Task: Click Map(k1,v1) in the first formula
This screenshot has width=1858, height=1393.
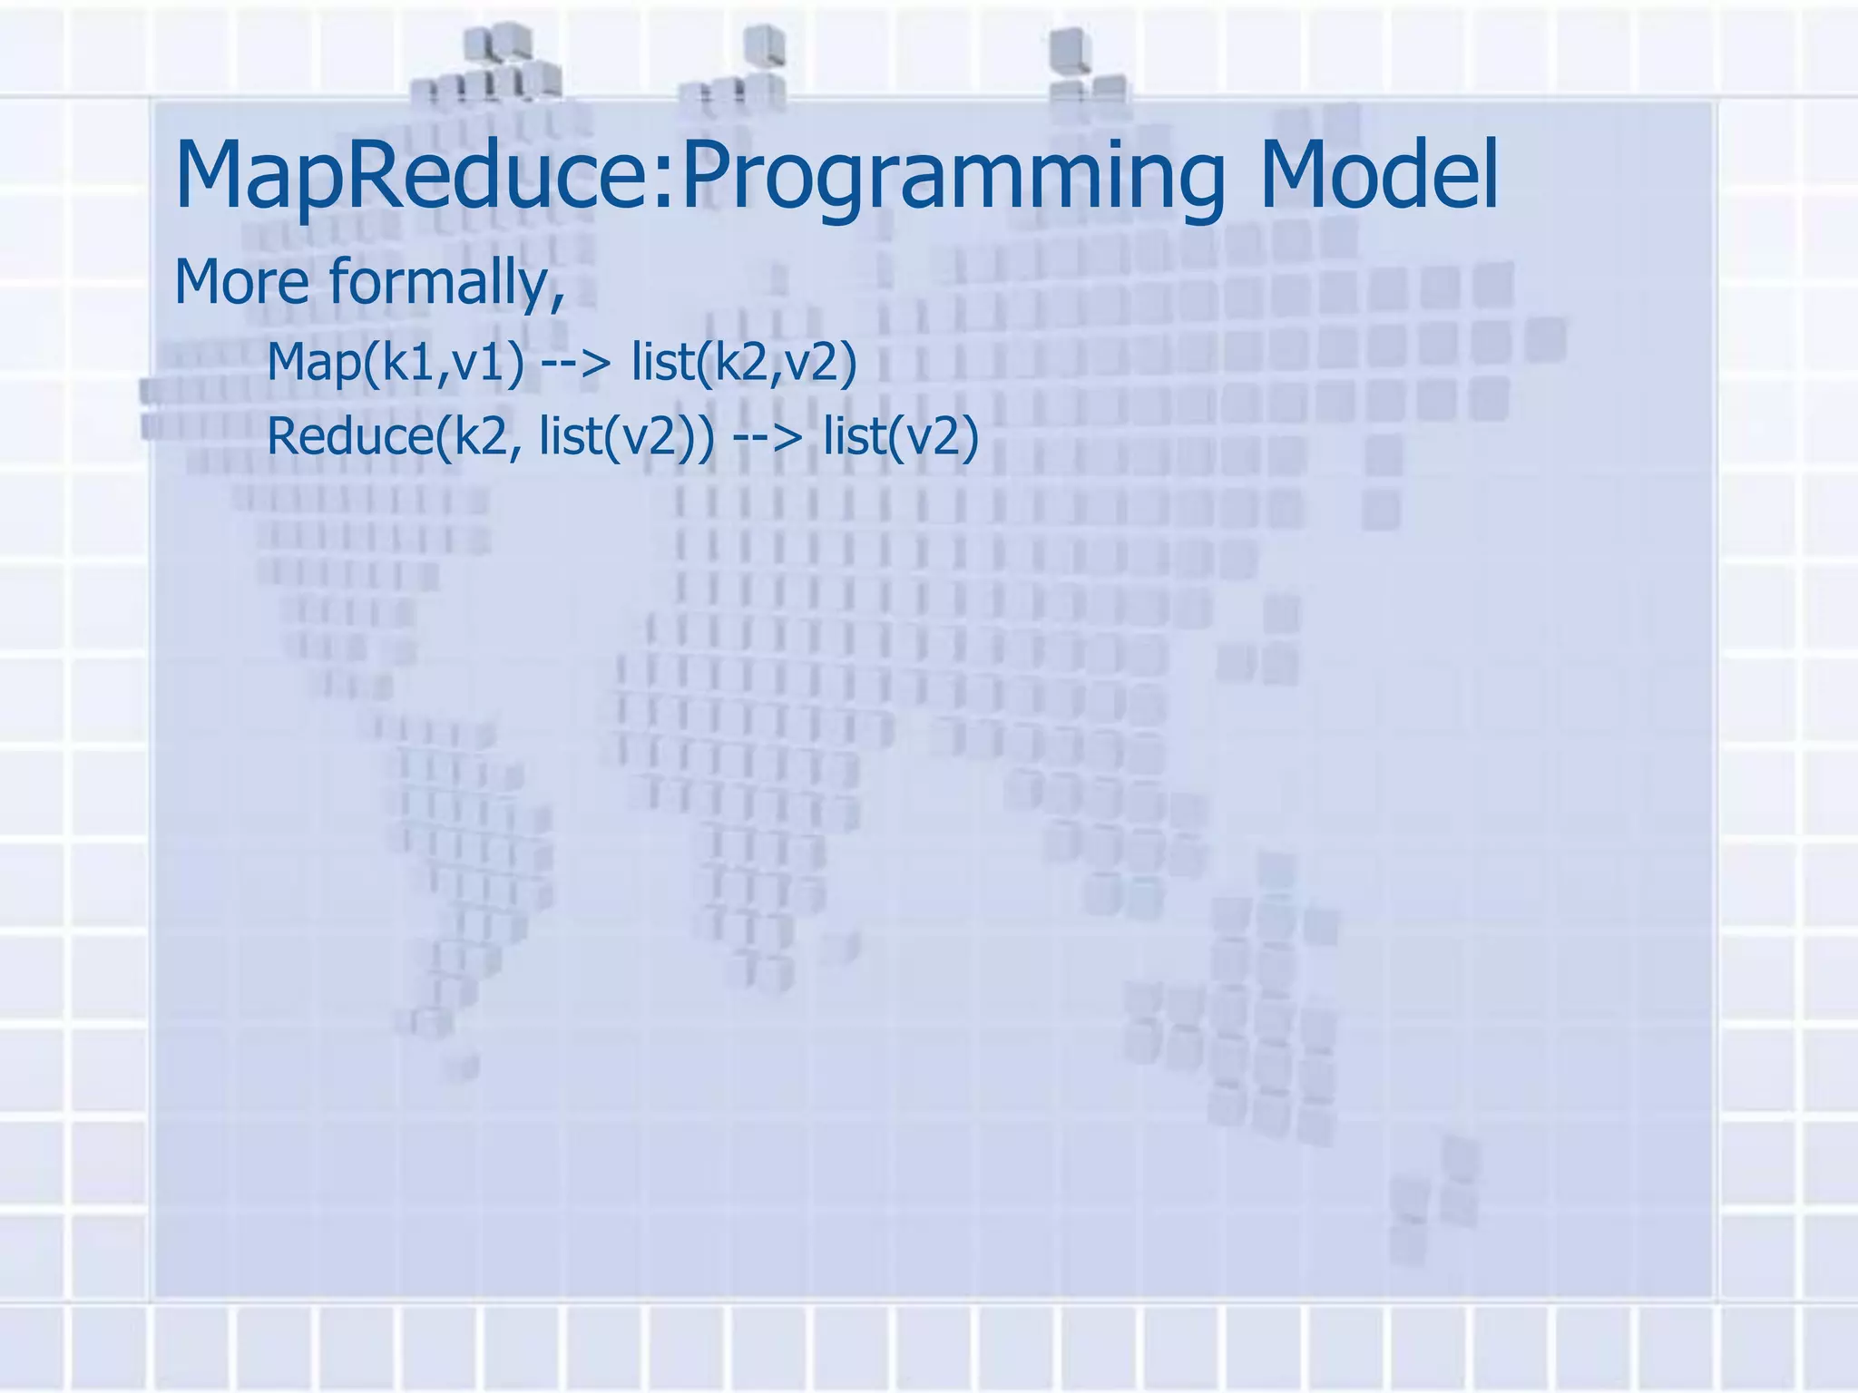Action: [x=395, y=363]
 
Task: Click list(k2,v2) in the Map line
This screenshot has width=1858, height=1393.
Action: [x=744, y=363]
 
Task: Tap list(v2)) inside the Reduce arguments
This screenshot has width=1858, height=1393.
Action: [x=626, y=437]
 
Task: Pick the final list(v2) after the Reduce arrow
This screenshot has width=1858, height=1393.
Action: [x=901, y=437]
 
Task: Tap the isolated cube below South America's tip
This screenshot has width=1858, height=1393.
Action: [x=462, y=1066]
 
